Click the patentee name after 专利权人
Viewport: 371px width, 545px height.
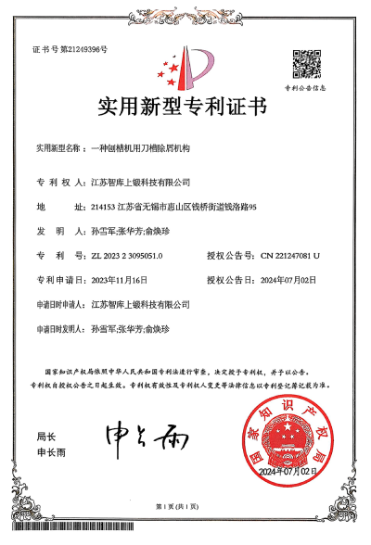(x=141, y=182)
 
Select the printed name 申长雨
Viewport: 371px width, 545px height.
(x=51, y=454)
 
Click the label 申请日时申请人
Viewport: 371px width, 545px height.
(x=60, y=303)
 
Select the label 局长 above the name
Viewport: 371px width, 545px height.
(x=46, y=435)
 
